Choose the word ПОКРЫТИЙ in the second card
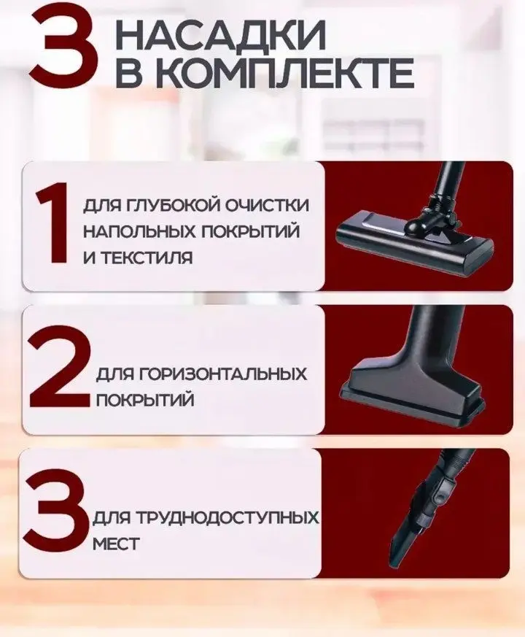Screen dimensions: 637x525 coord(133,400)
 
